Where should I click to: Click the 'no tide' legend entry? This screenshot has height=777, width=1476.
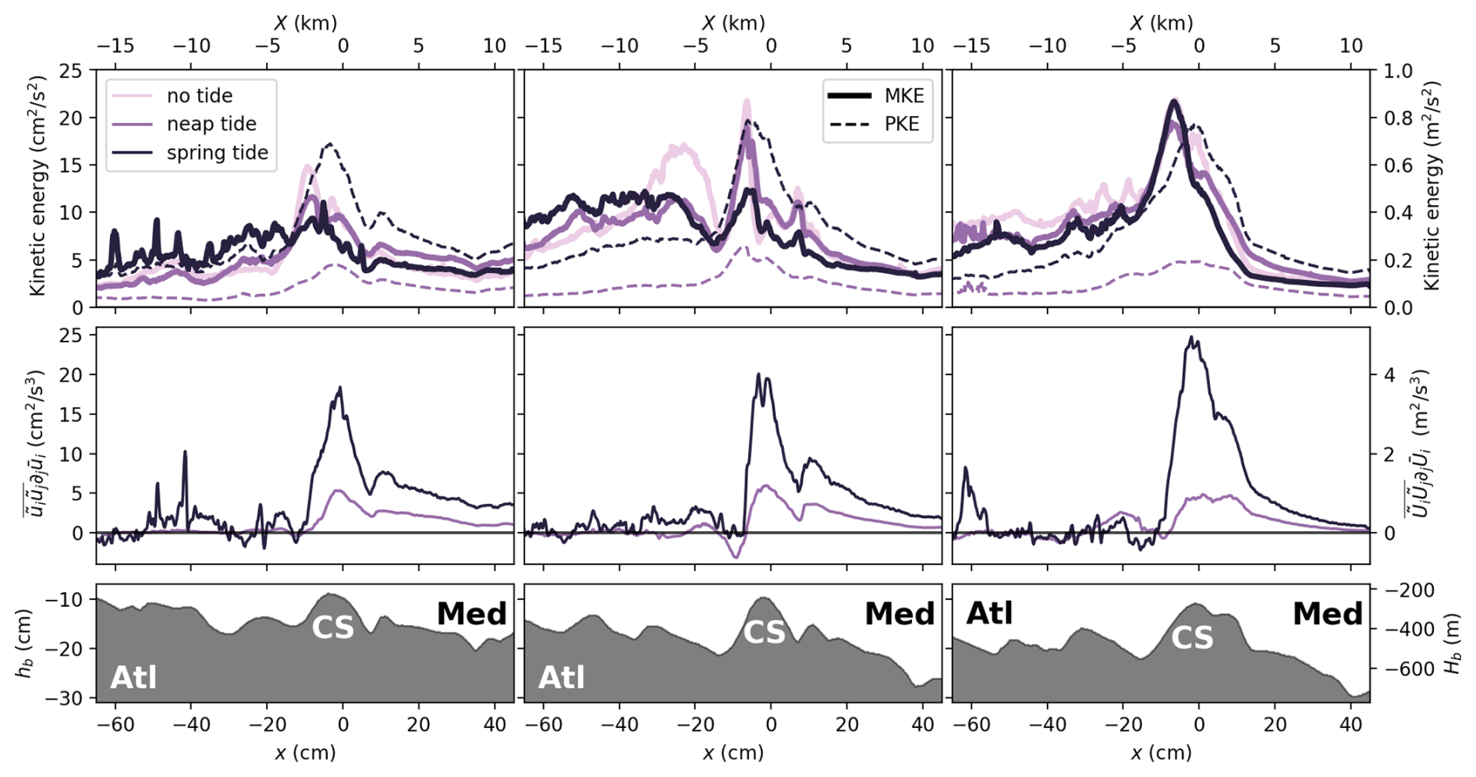pos(199,96)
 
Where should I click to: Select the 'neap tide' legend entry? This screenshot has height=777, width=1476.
pos(211,124)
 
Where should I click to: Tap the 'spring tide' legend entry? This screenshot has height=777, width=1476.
pos(217,152)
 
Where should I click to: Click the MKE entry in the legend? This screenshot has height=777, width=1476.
pos(903,96)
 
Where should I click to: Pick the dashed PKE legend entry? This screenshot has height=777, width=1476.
pos(901,124)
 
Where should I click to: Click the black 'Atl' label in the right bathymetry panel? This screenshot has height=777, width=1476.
pos(989,614)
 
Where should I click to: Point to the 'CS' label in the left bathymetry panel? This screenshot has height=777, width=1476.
pos(332,627)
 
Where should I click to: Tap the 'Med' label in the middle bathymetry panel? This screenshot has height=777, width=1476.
pos(899,614)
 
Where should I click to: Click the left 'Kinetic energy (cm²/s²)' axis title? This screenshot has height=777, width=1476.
pos(37,188)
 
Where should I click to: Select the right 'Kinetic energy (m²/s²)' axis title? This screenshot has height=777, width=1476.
pos(1432,188)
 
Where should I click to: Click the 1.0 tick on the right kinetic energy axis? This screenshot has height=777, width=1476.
pos(1396,71)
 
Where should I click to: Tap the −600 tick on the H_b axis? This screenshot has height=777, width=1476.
pos(1403,669)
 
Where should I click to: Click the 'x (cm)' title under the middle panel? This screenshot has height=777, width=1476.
pos(733,753)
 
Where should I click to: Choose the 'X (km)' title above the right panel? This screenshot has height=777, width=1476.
pos(1161,23)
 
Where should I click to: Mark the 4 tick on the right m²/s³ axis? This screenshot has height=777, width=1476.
pos(1389,374)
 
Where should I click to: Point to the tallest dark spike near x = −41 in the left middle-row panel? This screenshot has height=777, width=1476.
pos(185,452)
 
